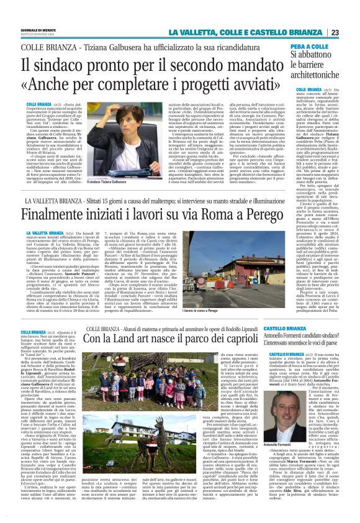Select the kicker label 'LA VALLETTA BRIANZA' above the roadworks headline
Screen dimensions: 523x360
pos(53,201)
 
